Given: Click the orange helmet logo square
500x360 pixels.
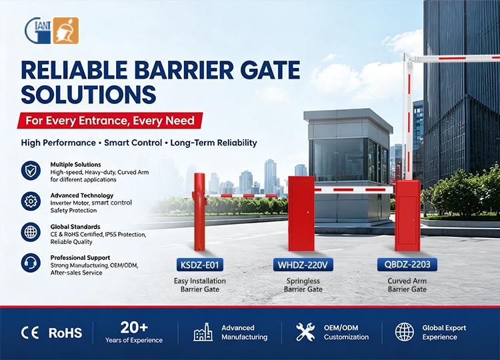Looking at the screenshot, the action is (66, 30).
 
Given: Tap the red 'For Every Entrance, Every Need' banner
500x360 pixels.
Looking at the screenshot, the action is (110, 121).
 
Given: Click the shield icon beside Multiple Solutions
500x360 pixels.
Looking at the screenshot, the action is (31, 171).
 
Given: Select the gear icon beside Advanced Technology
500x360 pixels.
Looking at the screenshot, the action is (31, 201).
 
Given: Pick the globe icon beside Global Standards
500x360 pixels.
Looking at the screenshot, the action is (31, 232).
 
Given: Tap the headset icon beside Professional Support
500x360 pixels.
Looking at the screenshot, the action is (31, 263).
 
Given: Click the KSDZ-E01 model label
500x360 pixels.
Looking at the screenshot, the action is (200, 265).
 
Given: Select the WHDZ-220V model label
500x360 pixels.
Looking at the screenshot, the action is (303, 265).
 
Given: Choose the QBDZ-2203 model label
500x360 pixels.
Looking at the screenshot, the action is (407, 265).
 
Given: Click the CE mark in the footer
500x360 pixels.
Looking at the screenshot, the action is (30, 333).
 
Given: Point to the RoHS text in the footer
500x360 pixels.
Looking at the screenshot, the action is (65, 333).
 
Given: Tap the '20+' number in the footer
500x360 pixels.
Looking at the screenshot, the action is (134, 327).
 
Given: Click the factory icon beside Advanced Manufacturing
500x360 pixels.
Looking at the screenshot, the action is (203, 332).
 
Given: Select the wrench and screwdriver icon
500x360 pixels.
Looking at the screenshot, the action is (305, 332).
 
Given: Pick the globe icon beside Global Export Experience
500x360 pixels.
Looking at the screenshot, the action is (405, 332).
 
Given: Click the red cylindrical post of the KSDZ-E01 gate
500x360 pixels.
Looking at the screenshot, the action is (199, 212).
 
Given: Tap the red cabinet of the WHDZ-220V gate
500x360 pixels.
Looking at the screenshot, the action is (301, 213).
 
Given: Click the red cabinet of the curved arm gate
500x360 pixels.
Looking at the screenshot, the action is (407, 216).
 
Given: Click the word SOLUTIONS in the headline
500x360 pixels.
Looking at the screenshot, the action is (88, 95).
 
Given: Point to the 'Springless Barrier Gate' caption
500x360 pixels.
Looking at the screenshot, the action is (303, 285).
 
